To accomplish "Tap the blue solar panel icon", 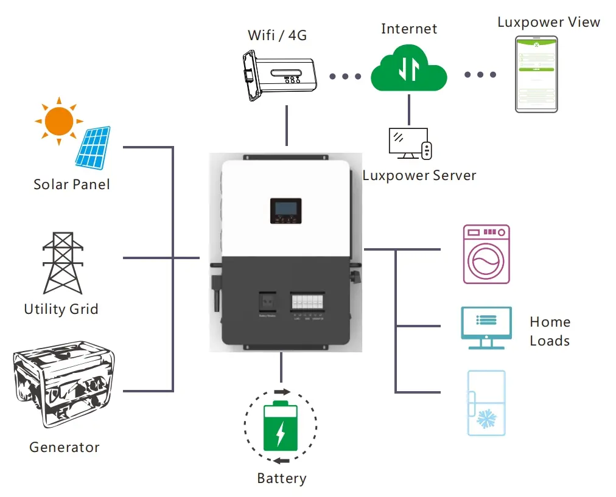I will click(x=94, y=147).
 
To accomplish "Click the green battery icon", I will click(x=280, y=427).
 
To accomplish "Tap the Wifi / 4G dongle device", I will click(x=277, y=75).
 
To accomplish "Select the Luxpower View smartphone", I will click(x=537, y=74).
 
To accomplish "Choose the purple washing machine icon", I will click(x=486, y=254).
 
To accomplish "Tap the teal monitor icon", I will click(x=486, y=327).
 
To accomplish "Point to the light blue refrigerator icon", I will click(x=486, y=403).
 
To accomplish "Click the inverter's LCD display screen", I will click(x=284, y=209).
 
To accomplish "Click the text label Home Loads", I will click(x=550, y=331).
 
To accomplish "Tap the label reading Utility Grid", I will click(x=61, y=309).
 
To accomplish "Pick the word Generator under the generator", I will click(x=65, y=447).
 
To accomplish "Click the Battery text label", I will click(x=282, y=478).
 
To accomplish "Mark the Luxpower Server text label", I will click(x=419, y=176).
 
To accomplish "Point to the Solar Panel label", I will click(x=72, y=184).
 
